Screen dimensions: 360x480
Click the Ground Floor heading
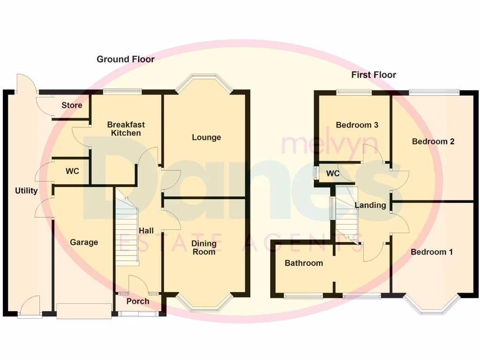tap(125, 59)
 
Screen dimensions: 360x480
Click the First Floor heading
tap(374, 75)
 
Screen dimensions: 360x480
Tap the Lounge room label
tap(206, 137)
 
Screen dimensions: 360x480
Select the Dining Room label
tap(204, 247)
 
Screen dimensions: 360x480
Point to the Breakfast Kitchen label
tap(126, 128)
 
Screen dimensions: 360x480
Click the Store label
tap(72, 105)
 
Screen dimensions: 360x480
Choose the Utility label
tap(26, 191)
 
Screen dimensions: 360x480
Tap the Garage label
tap(84, 242)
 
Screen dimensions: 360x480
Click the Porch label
tap(138, 301)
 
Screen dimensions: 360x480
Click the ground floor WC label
tap(72, 172)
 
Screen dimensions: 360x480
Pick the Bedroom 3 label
tap(357, 125)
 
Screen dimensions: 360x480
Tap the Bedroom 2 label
tap(433, 141)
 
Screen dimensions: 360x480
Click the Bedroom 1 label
tap(432, 252)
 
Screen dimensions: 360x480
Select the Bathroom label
tap(304, 263)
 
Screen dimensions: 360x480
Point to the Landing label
tap(370, 205)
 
